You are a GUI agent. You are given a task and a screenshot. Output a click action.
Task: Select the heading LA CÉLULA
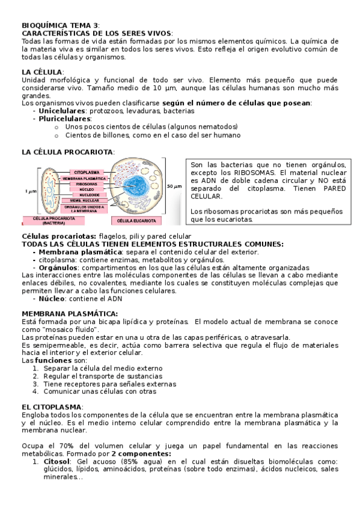tap(41, 72)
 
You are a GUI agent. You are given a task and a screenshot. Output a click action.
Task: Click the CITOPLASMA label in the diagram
tap(87, 172)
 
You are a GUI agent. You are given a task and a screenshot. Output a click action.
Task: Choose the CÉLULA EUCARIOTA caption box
tap(137, 221)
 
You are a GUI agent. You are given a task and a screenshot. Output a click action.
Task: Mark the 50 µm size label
tap(174, 186)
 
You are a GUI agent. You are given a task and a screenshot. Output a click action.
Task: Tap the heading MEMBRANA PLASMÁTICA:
tap(69, 313)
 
